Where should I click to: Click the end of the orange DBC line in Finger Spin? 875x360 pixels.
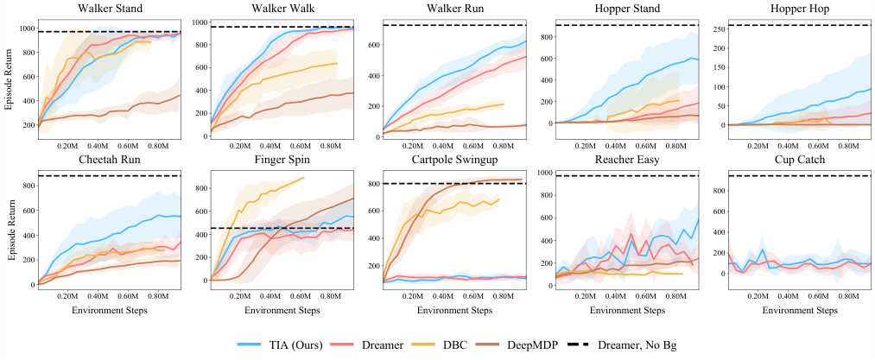tap(304, 178)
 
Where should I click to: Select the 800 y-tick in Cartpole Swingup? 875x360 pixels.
tap(372, 184)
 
